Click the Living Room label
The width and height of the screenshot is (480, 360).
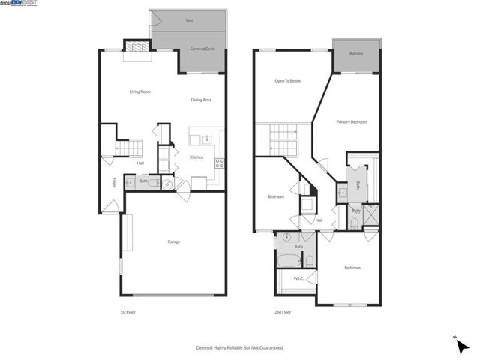tap(140, 91)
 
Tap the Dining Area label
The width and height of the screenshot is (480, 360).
tap(200, 100)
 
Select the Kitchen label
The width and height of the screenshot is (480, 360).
tap(196, 157)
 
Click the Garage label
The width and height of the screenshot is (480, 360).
tap(173, 241)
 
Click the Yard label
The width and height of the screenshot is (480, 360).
tap(189, 20)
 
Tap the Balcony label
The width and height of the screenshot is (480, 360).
tap(356, 54)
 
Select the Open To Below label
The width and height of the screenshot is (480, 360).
tap(287, 81)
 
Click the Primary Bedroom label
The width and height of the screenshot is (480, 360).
tap(351, 121)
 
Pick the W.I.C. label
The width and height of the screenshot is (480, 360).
tap(298, 279)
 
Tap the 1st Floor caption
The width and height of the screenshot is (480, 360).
tap(128, 312)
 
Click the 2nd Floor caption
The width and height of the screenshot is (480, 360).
tap(283, 312)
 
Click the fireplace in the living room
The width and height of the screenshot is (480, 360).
tap(134, 46)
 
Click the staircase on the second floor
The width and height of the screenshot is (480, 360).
tap(285, 139)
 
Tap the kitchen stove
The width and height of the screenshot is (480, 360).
tap(219, 162)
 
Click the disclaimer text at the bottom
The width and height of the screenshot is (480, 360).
tap(240, 348)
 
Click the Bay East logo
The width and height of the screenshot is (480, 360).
tap(23, 4)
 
